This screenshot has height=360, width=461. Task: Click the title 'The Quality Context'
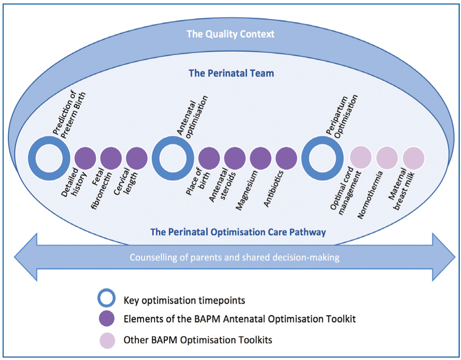(x=230, y=34)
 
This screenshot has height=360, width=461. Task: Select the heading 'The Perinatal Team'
(x=231, y=73)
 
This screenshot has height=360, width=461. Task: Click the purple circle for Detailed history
(x=85, y=159)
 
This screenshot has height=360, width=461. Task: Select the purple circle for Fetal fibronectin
(x=111, y=159)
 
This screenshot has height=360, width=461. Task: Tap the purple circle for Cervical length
(x=137, y=159)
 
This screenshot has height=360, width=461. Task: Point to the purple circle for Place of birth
(x=209, y=159)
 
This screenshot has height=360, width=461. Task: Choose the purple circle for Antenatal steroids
(x=235, y=159)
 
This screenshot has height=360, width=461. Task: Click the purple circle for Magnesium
(x=260, y=159)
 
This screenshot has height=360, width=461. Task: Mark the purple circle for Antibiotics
(x=286, y=159)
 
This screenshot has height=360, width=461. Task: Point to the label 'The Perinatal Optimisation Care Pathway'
(x=238, y=232)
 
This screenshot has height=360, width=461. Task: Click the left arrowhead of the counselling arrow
(x=25, y=257)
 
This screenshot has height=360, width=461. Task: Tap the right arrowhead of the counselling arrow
(x=444, y=257)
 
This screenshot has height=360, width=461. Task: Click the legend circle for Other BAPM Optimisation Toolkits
(x=107, y=341)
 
